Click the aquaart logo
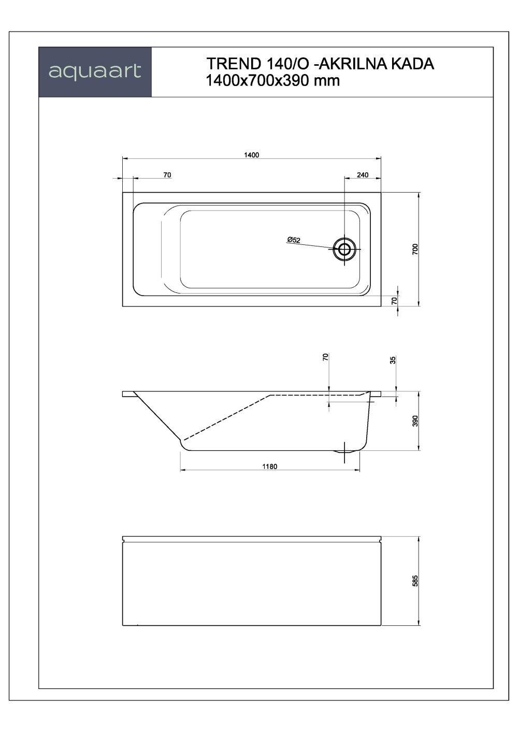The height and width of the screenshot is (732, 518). [x=95, y=71]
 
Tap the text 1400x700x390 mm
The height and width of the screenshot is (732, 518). [x=272, y=81]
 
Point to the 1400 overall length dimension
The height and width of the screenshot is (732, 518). [x=251, y=155]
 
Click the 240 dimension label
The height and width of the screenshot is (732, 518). [x=363, y=175]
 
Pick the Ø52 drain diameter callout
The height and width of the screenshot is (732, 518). [x=293, y=240]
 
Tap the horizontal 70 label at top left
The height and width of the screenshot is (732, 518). [x=167, y=175]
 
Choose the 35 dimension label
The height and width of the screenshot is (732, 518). [x=393, y=360]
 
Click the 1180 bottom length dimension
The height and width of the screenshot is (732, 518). [x=269, y=466]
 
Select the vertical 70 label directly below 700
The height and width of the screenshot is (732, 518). [x=395, y=300]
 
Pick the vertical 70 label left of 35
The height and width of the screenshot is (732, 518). [x=325, y=357]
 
